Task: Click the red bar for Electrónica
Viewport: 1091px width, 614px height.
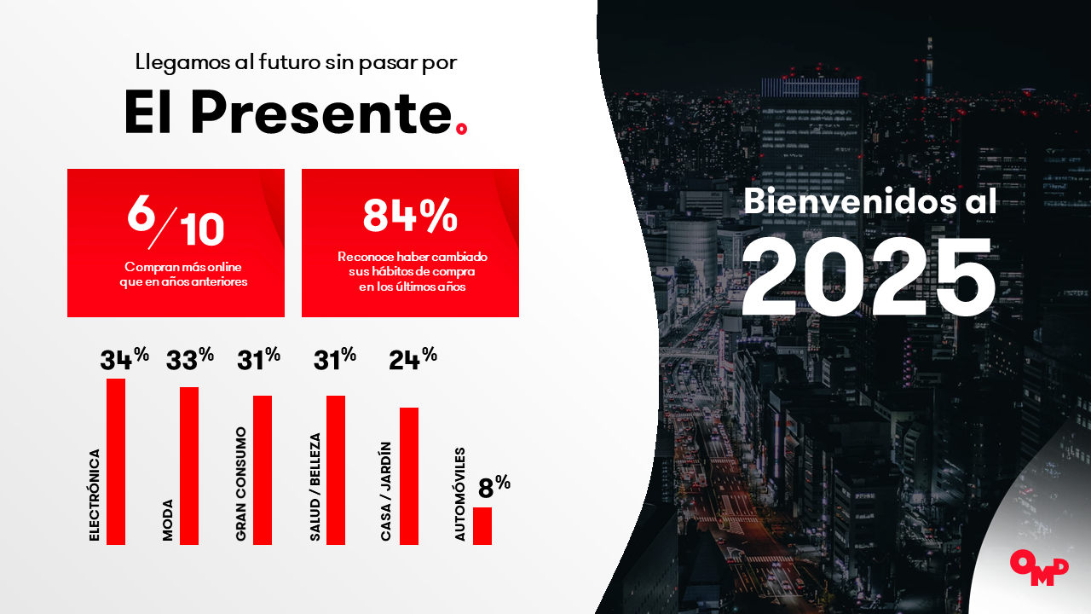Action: point(116,461)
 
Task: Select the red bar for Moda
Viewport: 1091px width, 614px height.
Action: point(189,466)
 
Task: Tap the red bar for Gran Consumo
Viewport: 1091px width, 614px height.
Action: point(263,470)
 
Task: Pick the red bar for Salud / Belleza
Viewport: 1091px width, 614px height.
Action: point(336,470)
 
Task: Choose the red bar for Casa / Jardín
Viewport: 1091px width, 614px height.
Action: point(409,476)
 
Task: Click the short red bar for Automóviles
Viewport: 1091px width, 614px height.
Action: point(482,526)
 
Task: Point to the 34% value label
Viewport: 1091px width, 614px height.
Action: point(124,359)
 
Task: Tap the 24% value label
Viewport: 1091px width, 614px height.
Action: point(413,359)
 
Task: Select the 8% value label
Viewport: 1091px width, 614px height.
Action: point(494,487)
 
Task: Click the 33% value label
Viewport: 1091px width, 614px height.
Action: point(190,359)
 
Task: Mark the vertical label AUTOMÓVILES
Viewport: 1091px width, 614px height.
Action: point(460,494)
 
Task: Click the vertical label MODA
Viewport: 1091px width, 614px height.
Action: point(168,520)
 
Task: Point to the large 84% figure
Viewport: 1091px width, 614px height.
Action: point(410,215)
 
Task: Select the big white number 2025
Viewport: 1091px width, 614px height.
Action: point(868,277)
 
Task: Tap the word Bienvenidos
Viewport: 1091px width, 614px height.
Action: point(850,200)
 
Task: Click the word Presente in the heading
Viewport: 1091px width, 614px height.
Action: point(321,113)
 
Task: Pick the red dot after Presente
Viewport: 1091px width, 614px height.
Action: point(461,128)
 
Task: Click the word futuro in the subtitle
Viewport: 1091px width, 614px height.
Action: point(290,62)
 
